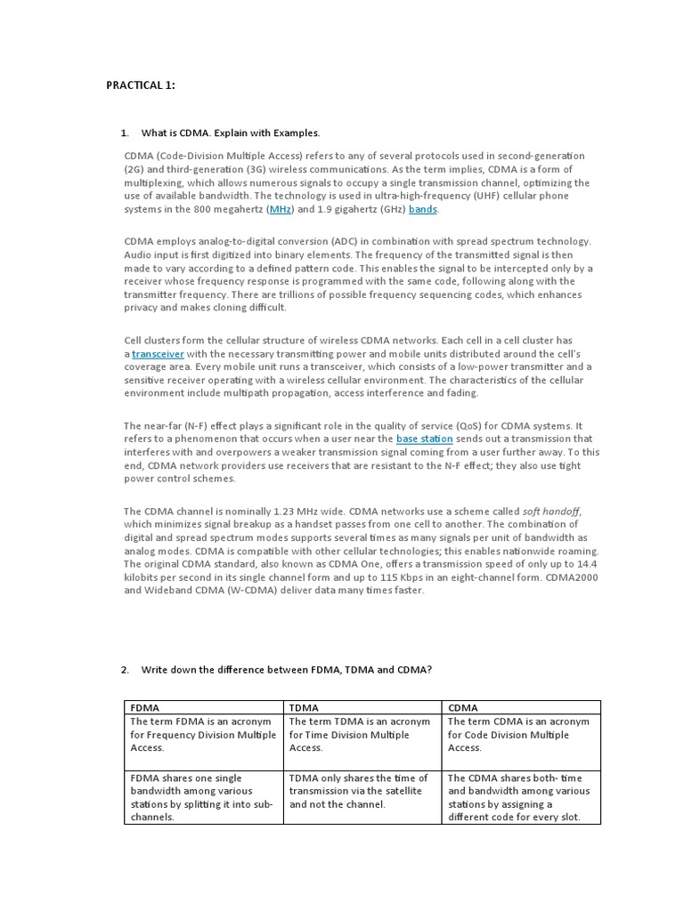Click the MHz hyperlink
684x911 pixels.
(281, 209)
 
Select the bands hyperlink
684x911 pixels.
(422, 209)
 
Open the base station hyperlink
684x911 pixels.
(424, 439)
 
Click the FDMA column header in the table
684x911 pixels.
(145, 707)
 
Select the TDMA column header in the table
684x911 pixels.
(305, 707)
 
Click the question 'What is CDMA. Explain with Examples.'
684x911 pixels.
(230, 133)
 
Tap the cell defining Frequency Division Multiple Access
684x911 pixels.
(202, 735)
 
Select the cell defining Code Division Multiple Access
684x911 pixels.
(520, 735)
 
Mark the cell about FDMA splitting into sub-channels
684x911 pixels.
(202, 797)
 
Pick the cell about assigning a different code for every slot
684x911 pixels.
(520, 797)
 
